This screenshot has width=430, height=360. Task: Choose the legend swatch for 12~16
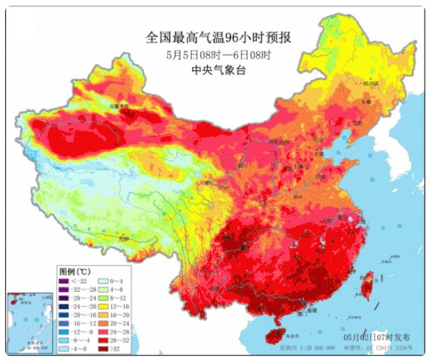point(104,304)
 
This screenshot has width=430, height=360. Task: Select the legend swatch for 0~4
point(104,283)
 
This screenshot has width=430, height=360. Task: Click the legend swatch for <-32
point(63,283)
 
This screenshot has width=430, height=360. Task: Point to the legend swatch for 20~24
point(104,326)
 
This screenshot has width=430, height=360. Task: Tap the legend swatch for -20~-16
point(63,315)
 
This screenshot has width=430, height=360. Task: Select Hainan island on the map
point(272,333)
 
